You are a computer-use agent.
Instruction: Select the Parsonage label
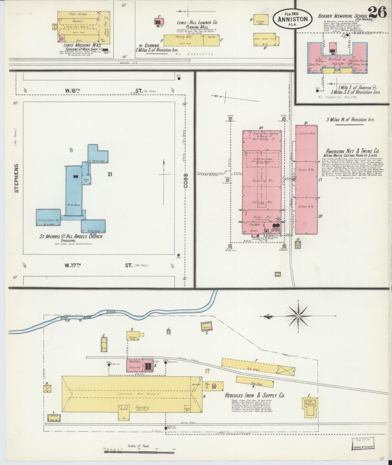click(x=98, y=161)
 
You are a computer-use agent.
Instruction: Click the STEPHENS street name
click(x=17, y=178)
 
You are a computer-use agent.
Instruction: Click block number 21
click(x=110, y=175)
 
